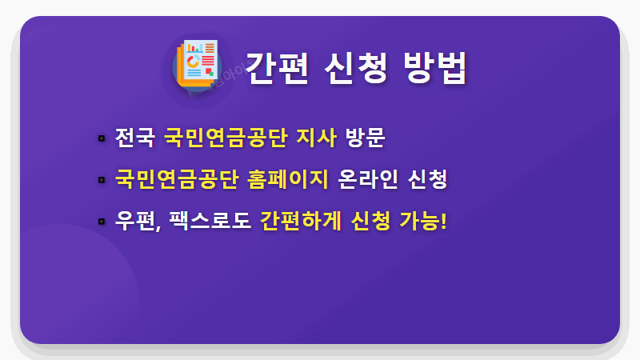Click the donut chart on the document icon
(x=193, y=61)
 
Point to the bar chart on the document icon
(x=194, y=47)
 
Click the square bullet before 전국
(x=102, y=138)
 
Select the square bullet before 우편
(x=102, y=220)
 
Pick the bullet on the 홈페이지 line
(x=102, y=178)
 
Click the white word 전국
(x=134, y=138)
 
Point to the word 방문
(x=365, y=138)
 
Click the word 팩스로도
(x=210, y=219)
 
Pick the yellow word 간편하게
(x=301, y=219)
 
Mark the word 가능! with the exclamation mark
(x=422, y=219)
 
